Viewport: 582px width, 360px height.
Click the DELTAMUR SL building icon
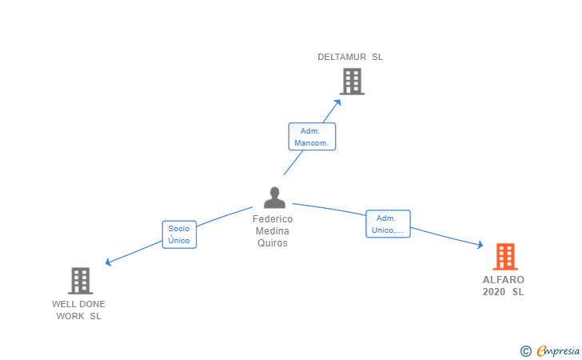coord(352,82)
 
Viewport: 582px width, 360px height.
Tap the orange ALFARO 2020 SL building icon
coord(505,257)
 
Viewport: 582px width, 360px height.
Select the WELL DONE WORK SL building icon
coord(80,281)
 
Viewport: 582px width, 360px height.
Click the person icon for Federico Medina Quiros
coord(274,198)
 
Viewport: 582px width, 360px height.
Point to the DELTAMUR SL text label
coord(350,57)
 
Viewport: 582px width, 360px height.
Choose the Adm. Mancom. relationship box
coord(312,137)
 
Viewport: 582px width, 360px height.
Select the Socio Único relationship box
coord(179,234)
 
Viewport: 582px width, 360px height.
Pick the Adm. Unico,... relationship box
coord(388,224)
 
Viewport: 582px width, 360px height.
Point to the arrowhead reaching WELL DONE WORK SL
coord(109,262)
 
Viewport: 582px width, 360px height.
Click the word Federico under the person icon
coord(273,219)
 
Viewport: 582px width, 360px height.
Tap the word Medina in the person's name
coord(273,231)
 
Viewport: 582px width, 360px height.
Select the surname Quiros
coord(273,243)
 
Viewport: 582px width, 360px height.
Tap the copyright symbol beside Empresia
coord(526,350)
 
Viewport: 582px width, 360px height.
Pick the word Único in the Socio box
coord(179,240)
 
